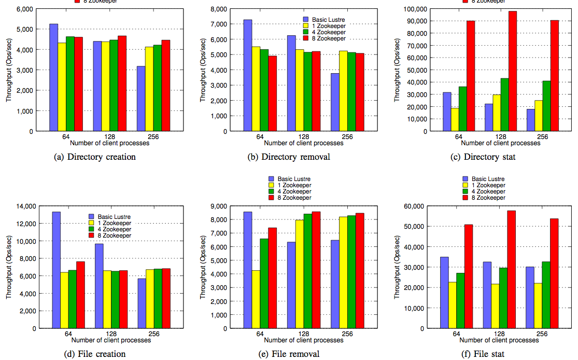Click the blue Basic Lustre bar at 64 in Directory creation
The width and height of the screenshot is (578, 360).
pyautogui.click(x=53, y=78)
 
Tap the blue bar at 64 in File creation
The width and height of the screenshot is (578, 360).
pyautogui.click(x=56, y=270)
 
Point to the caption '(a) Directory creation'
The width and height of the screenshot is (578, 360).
pyautogui.click(x=95, y=157)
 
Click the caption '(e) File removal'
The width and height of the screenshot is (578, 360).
pyautogui.click(x=288, y=354)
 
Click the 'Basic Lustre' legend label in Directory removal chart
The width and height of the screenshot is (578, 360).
pyautogui.click(x=329, y=20)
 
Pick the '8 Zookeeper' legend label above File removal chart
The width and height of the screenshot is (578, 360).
pyautogui.click(x=294, y=198)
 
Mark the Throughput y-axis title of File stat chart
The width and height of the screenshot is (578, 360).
pyautogui.click(x=398, y=267)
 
